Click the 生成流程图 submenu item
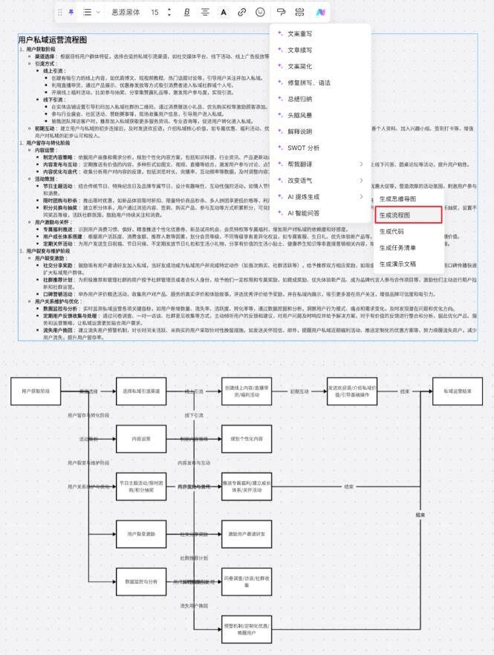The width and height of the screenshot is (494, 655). [x=408, y=215]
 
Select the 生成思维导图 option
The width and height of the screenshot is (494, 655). [x=408, y=198]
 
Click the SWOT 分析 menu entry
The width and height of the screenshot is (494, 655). [x=304, y=148]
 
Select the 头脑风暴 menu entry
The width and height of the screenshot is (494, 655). [x=300, y=115]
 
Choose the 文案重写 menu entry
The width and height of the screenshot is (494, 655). [x=300, y=33]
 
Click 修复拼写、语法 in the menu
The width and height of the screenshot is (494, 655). [x=309, y=82]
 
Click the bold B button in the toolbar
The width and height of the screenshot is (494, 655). [x=186, y=12]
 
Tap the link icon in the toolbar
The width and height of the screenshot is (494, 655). [x=242, y=12]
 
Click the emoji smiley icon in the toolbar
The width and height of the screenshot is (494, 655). [x=260, y=12]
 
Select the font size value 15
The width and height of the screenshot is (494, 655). [x=155, y=12]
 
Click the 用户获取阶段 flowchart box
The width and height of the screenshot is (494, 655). [x=36, y=391]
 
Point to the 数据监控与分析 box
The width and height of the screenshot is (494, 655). [x=142, y=581]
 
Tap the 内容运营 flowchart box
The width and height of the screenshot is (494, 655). [x=142, y=438]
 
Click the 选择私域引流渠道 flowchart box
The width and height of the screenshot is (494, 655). [x=142, y=391]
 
